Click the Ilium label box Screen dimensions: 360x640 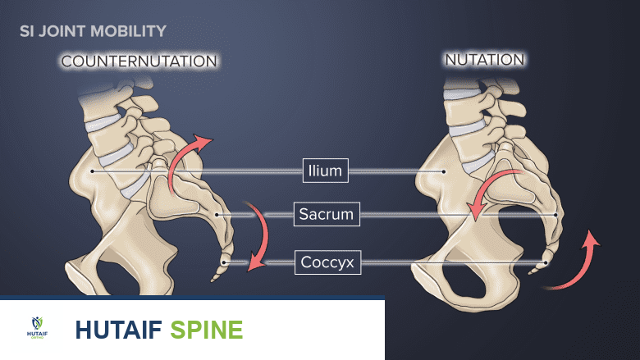click(326, 171)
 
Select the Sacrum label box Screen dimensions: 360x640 click(326, 215)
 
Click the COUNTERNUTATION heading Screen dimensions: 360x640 click(139, 62)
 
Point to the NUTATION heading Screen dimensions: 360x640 click(484, 60)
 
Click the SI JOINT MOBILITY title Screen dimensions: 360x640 click(93, 31)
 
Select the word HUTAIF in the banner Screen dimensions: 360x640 click(118, 330)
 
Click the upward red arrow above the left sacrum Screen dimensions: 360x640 click(185, 160)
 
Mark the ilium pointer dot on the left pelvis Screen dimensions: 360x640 click(94, 171)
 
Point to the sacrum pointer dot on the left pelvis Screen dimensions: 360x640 click(216, 215)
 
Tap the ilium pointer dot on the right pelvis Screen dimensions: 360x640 click(444, 171)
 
